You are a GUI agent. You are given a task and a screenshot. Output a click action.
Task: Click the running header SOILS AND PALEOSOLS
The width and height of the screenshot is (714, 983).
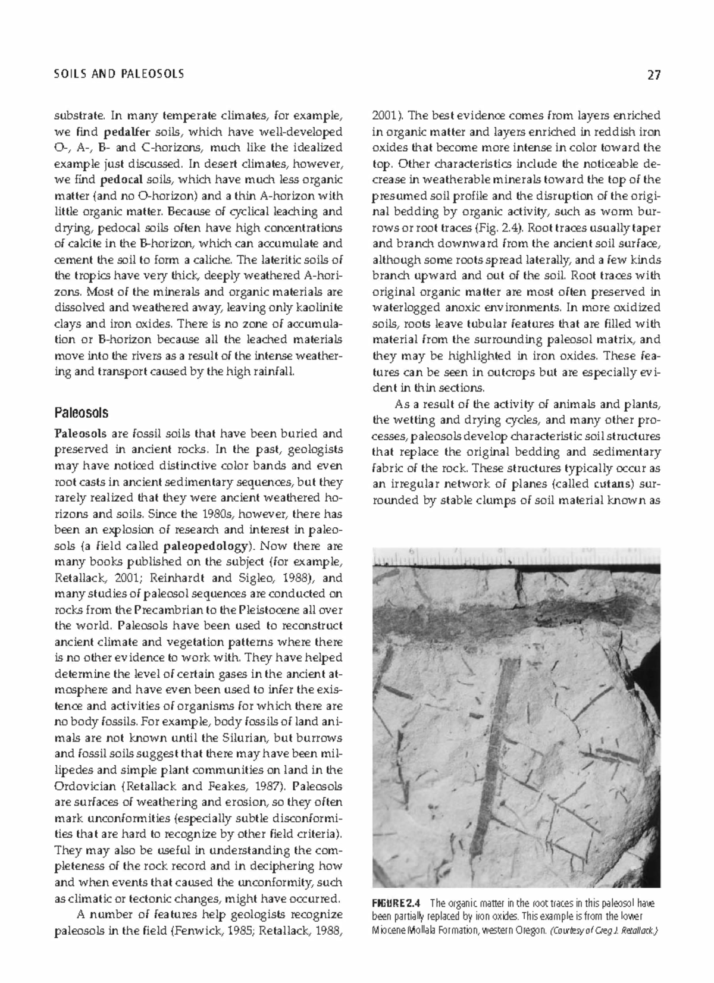[x=119, y=74]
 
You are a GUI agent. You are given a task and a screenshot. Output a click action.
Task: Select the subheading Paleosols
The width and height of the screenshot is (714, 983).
[x=82, y=412]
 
